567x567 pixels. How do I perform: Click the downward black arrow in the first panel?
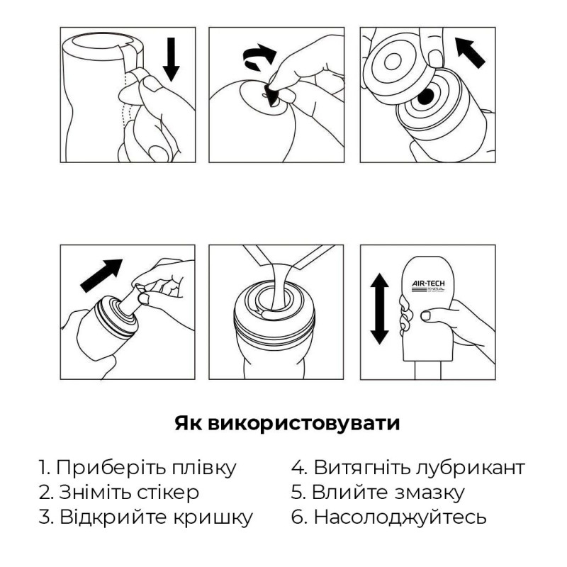(172, 60)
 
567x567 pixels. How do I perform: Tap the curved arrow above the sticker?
(258, 56)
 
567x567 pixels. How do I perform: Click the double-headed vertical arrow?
(380, 309)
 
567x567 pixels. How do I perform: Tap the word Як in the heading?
(188, 424)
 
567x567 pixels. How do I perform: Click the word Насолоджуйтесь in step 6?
(400, 517)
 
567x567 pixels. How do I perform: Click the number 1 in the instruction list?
(43, 468)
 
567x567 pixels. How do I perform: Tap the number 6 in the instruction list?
(298, 517)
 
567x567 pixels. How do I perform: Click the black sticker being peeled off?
(271, 95)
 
